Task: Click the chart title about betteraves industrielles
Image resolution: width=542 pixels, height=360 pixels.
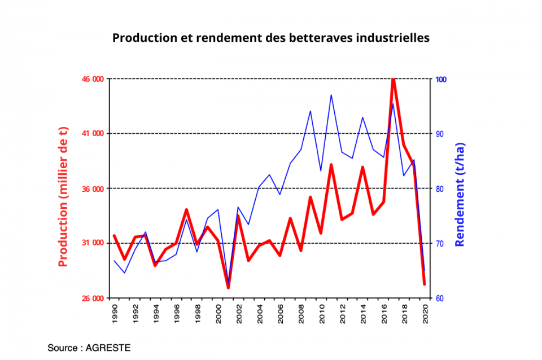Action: click(x=271, y=38)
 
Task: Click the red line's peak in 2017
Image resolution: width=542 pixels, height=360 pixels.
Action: click(x=393, y=80)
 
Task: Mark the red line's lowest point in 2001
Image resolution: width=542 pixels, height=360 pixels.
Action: click(x=228, y=288)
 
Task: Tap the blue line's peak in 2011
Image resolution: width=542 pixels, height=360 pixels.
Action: click(x=331, y=95)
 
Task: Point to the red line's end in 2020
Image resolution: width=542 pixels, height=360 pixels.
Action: click(x=424, y=284)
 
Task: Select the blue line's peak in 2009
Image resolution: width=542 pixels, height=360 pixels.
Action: click(x=311, y=111)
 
